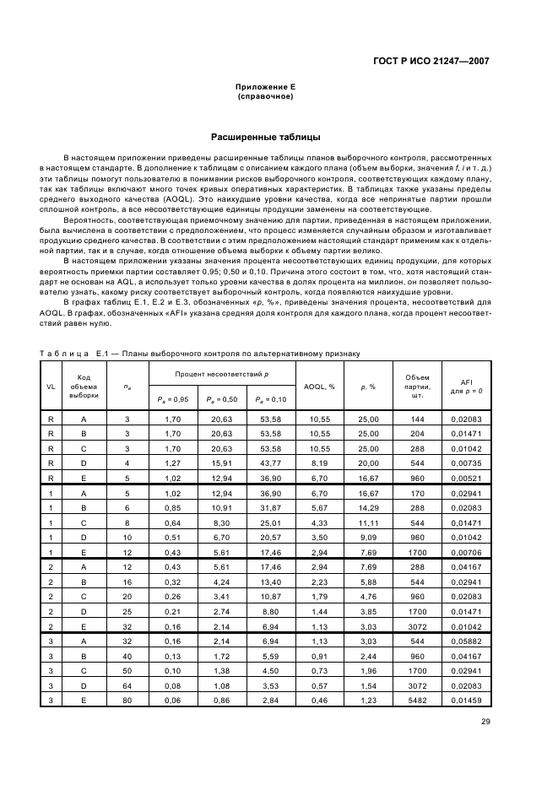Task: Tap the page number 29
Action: pos(485,722)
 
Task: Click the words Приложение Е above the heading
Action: pos(265,87)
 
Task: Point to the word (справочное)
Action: pos(265,96)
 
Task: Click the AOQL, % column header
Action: pos(319,386)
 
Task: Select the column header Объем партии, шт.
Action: pos(417,386)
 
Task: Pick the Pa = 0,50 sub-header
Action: pos(222,399)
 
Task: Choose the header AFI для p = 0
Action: pos(466,386)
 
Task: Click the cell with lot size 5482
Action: pos(417,700)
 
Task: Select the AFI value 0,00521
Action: pos(466,476)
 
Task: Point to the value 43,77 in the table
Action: pos(271,462)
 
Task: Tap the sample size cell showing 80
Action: pos(127,700)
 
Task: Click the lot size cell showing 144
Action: pos(417,418)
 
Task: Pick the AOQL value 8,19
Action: pos(319,462)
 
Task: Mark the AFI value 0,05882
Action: pos(466,641)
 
